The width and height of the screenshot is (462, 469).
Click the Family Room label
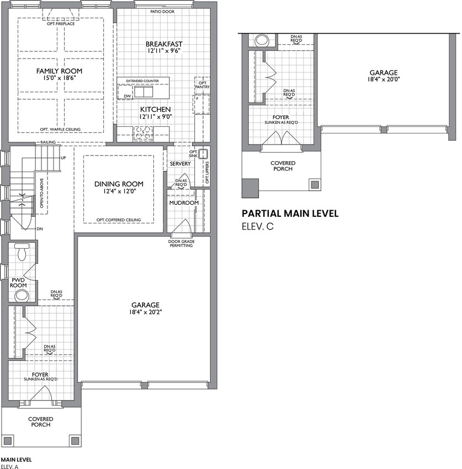click(x=59, y=71)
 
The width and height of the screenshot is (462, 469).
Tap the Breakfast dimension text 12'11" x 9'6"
click(x=164, y=51)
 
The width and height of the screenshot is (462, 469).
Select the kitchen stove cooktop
click(x=143, y=133)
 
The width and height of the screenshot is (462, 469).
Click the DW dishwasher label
click(x=128, y=96)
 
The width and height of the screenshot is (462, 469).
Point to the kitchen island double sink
click(x=144, y=92)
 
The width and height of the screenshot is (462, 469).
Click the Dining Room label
click(x=119, y=184)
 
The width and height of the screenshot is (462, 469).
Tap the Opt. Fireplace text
click(x=61, y=24)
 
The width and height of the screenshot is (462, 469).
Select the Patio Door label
click(x=162, y=12)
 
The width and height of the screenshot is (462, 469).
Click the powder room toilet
click(x=22, y=252)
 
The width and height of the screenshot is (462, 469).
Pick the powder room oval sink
click(x=22, y=296)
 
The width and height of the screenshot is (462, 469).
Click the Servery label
click(x=180, y=164)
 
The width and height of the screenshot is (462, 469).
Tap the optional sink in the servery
click(x=203, y=154)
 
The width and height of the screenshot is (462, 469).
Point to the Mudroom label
click(x=184, y=203)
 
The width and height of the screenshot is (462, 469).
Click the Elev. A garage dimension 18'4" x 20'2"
click(x=145, y=312)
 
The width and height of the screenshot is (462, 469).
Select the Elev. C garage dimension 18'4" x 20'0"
click(x=384, y=79)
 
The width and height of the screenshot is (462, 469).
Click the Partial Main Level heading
click(x=290, y=214)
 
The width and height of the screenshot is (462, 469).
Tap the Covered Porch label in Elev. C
click(x=283, y=166)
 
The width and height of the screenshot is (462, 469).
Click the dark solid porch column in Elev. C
click(x=250, y=188)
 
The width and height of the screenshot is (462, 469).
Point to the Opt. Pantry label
click(x=203, y=85)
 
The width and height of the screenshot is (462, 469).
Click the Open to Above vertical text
click(x=41, y=193)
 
